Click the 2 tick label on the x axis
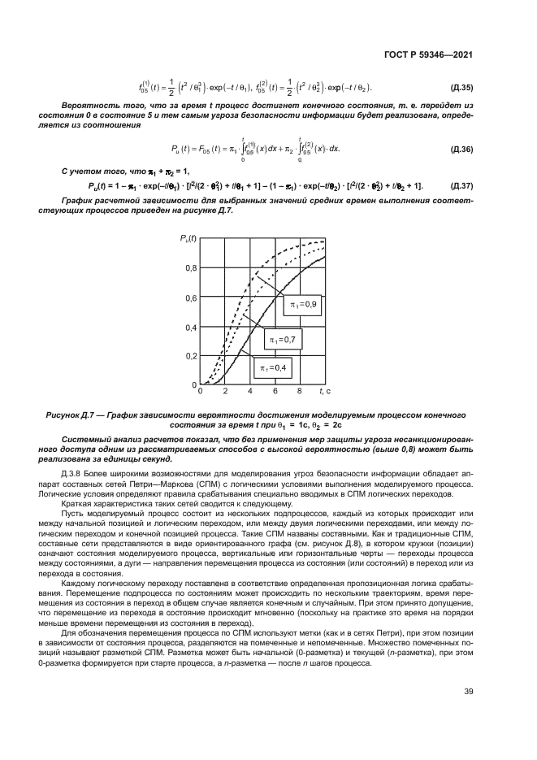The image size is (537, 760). click(226, 392)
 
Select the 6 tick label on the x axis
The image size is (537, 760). click(275, 392)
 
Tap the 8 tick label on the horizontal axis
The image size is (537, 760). click(300, 392)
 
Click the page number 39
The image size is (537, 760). click(468, 692)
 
